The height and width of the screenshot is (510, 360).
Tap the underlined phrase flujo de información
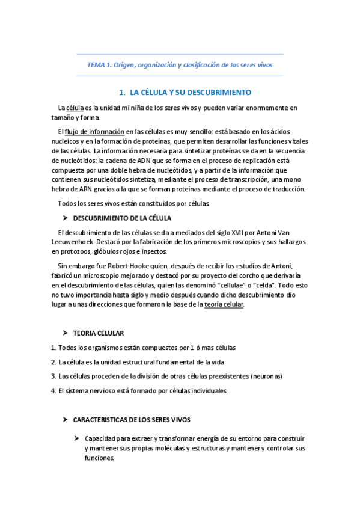95,131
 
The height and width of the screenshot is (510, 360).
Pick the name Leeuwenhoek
74,242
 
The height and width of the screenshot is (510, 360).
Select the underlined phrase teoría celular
224,305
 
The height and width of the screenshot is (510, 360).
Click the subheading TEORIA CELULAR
99,333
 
